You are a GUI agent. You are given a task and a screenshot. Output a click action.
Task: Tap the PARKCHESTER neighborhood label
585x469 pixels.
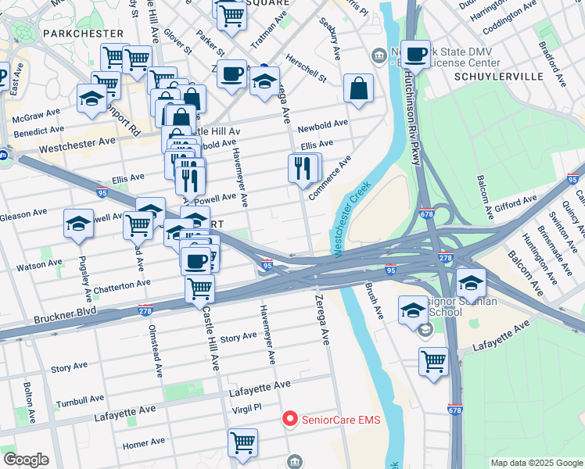click(x=84, y=34)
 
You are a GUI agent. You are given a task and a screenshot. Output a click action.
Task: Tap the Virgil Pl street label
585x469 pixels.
click(x=246, y=408)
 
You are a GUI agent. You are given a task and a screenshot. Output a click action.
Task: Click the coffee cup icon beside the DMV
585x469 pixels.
click(x=416, y=54)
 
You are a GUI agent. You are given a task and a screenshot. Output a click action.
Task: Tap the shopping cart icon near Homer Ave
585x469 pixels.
click(x=242, y=442)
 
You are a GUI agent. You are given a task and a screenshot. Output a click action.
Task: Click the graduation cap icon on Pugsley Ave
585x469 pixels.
click(x=79, y=224)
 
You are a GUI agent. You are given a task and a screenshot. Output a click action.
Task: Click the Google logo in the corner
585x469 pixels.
click(x=26, y=460)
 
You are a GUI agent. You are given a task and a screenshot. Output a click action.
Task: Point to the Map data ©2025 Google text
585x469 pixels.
click(x=536, y=463)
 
